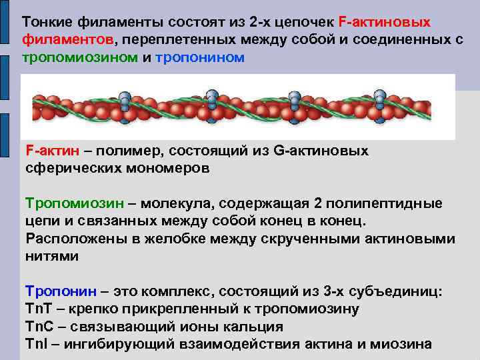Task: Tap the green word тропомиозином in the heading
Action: point(80,57)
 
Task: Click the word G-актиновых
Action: point(321,151)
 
